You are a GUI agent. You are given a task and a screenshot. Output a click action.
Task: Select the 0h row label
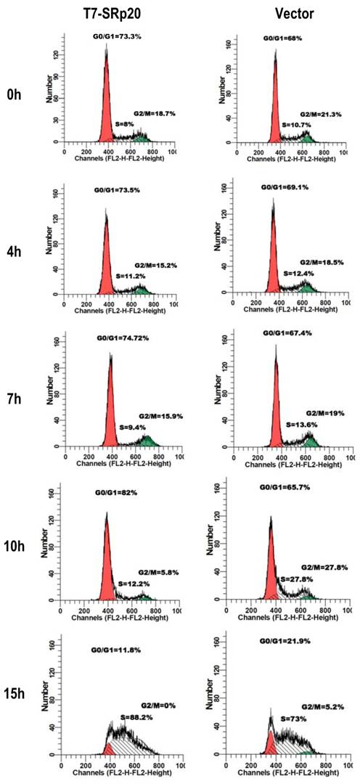(14, 94)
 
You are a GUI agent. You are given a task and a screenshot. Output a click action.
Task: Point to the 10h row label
(16, 547)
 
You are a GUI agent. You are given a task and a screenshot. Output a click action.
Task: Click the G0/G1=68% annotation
(282, 38)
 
